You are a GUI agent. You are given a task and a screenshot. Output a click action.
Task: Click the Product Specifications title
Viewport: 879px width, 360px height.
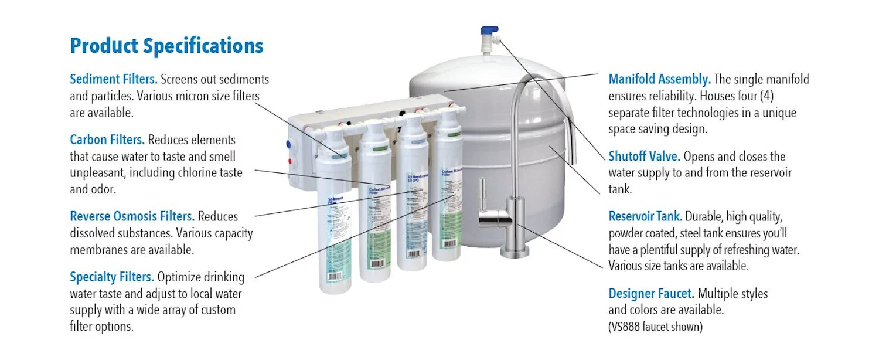coord(166,46)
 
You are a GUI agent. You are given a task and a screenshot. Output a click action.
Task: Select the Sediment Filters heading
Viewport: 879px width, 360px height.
coord(114,79)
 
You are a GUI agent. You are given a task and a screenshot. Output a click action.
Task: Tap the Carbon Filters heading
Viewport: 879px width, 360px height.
coord(107,140)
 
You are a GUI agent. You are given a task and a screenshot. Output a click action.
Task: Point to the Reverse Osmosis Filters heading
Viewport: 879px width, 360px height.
coord(132,216)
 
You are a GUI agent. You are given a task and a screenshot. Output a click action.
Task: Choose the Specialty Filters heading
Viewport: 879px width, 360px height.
coord(112,277)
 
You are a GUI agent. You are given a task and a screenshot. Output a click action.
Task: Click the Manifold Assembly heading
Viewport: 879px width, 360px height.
coord(659,79)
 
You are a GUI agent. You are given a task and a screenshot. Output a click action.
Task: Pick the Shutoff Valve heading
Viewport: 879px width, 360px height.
coord(644,157)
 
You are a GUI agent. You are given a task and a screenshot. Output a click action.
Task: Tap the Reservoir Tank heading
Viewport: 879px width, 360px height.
coord(645,216)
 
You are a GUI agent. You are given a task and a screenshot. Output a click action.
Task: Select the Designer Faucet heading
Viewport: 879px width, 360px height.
coord(651,293)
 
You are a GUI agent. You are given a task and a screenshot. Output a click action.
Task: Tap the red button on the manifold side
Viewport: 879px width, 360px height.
coord(290,161)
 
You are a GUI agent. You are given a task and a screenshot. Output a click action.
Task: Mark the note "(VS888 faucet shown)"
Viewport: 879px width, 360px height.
coord(655,327)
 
